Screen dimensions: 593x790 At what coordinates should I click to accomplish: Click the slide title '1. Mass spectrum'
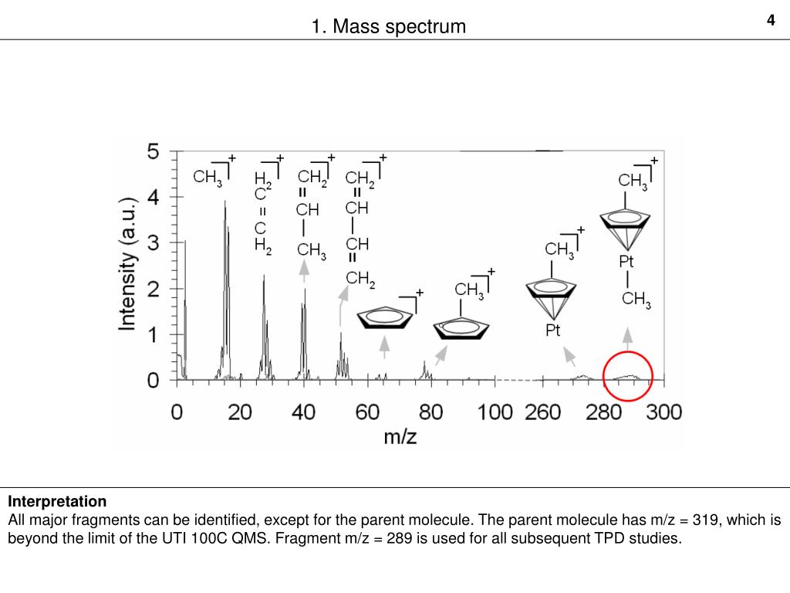click(x=389, y=27)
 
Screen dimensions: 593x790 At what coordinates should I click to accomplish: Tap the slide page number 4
click(x=770, y=21)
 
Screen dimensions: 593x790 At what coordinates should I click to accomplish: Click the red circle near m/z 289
click(x=627, y=375)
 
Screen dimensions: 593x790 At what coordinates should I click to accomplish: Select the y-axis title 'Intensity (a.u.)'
click(x=128, y=264)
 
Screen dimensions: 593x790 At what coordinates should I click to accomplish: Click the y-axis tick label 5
click(x=154, y=152)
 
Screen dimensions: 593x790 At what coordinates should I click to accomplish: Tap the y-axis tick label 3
click(x=154, y=243)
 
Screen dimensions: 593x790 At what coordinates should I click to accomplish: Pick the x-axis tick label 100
click(x=495, y=412)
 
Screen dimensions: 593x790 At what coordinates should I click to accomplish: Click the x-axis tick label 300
click(x=663, y=412)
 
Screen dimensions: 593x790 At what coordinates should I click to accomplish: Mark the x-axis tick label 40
click(x=303, y=412)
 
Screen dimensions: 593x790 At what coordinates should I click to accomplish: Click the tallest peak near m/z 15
click(x=225, y=202)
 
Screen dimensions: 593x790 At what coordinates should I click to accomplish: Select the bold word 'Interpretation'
click(x=57, y=502)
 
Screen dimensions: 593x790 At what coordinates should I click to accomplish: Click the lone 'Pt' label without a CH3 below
click(x=552, y=330)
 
